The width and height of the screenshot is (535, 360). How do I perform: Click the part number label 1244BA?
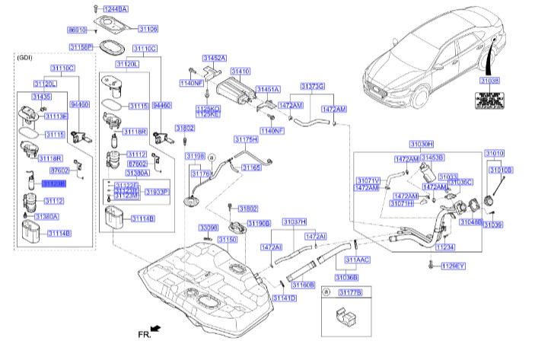[113, 8]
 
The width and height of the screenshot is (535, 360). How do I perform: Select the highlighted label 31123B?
[53, 184]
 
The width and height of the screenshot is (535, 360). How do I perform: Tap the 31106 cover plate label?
[148, 29]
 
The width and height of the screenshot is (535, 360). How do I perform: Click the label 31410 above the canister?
[240, 71]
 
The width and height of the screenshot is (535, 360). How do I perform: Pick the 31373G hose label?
[312, 87]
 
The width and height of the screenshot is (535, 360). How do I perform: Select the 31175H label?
[247, 140]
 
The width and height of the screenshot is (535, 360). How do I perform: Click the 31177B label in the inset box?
[351, 292]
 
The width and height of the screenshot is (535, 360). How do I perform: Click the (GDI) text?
[29, 58]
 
